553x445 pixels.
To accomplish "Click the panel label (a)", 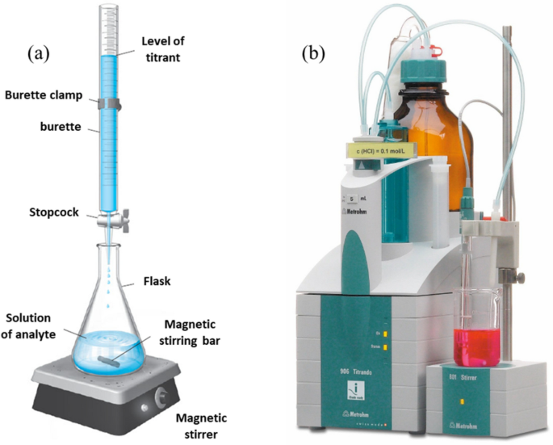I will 38,54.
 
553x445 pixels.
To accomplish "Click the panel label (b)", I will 312,54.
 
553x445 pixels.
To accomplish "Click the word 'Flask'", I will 178,282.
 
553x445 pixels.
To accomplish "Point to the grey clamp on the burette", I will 110,103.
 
